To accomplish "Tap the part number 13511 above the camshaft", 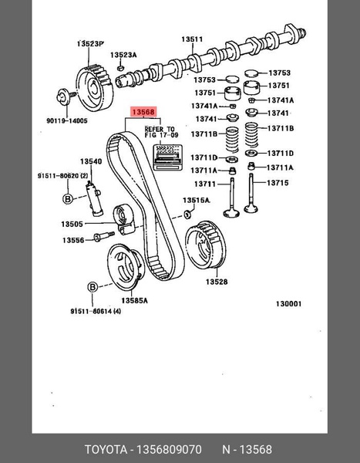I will pyautogui.click(x=192, y=39).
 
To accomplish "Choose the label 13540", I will pyautogui.click(x=93, y=162).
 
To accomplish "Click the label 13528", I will pyautogui.click(x=216, y=282).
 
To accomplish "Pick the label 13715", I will pyautogui.click(x=278, y=183).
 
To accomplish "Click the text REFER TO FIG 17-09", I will pyautogui.click(x=160, y=132).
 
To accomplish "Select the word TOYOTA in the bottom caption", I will pyautogui.click(x=106, y=449).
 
